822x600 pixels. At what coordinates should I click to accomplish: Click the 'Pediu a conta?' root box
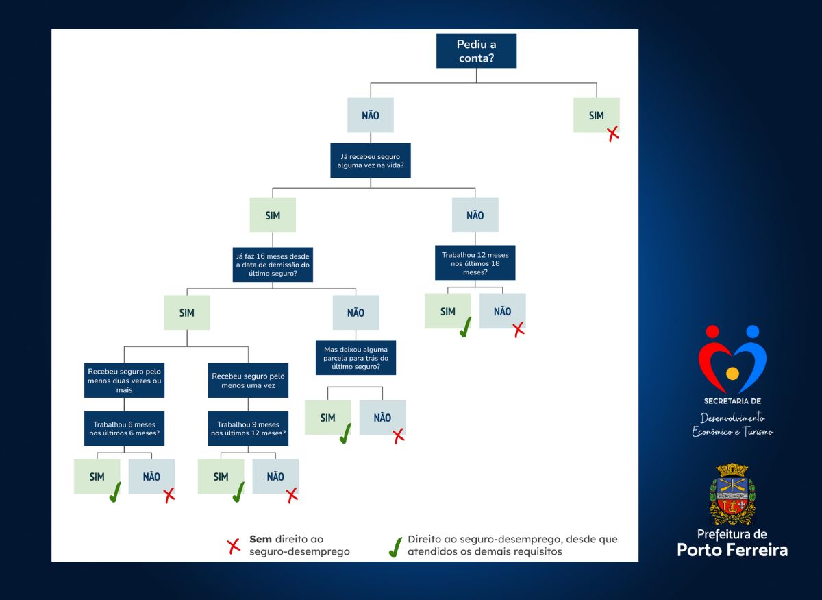476,51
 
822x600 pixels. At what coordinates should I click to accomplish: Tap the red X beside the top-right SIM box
613,134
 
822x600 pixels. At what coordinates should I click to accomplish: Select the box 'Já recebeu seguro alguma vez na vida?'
371,160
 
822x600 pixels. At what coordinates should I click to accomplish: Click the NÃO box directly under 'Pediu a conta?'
371,115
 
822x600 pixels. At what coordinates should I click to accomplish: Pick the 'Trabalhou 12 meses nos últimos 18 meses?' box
475,263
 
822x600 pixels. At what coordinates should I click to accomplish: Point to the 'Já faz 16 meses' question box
273,265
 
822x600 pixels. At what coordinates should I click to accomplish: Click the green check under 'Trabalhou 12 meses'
465,327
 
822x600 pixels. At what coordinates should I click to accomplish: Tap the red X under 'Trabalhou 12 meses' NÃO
519,330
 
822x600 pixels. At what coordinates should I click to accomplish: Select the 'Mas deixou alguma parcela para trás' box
356,357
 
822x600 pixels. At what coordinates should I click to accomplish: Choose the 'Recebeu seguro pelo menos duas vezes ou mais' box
124,381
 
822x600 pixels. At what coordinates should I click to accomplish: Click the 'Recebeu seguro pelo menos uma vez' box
248,381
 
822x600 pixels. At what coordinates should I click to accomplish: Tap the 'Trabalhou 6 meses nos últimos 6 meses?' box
124,429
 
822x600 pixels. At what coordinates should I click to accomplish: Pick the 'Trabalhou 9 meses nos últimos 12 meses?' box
248,429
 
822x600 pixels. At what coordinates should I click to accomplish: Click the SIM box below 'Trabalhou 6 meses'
97,476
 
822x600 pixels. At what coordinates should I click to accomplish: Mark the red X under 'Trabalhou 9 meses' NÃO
292,495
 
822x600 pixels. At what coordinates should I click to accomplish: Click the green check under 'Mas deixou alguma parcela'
345,433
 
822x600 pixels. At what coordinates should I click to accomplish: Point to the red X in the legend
234,547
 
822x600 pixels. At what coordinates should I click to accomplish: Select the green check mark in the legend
395,547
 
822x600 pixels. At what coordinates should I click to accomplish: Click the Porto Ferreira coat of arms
732,494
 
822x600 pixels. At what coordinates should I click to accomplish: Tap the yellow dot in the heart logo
732,373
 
